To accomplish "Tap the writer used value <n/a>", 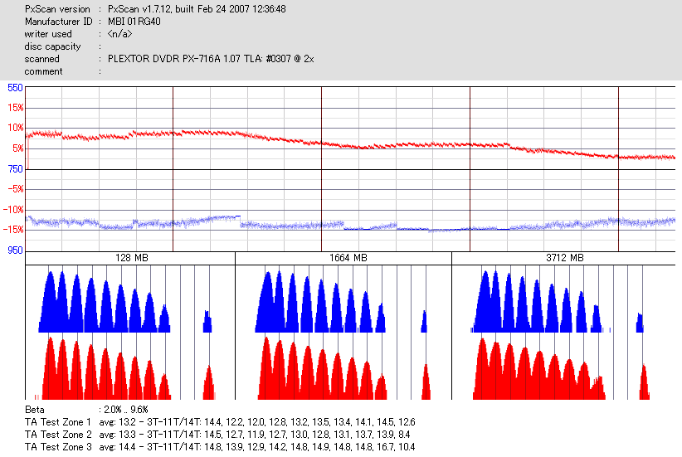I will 119,34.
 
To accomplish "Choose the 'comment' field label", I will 43,71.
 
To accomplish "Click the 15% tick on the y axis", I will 14,108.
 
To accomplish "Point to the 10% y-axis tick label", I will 14,128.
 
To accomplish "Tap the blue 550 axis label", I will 15,87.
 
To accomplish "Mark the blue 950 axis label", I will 15,250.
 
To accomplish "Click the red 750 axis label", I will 15,169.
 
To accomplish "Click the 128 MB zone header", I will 130,258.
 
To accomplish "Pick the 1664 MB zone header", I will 343,258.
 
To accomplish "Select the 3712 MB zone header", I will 560,258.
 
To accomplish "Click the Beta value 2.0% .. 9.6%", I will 127,410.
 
